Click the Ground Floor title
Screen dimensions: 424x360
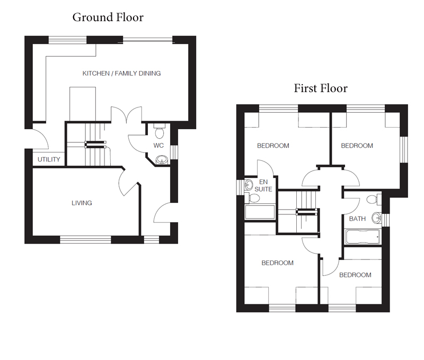coord(108,17)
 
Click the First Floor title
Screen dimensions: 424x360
coord(321,88)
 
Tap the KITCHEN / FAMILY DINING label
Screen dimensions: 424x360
coord(121,74)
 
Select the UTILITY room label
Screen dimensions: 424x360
coord(49,159)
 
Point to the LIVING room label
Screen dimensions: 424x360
coord(82,203)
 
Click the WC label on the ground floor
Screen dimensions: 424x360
coord(158,146)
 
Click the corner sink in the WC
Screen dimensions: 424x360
coord(162,159)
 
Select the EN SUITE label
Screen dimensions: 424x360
coord(263,185)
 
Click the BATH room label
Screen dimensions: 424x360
coord(357,219)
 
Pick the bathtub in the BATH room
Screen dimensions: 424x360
coord(363,237)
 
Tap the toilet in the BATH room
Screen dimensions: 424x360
coord(374,200)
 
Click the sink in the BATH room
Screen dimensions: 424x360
coord(376,218)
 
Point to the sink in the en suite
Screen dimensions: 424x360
coord(249,185)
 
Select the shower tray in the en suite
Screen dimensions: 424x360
coord(260,212)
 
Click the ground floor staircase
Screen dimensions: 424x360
coord(89,145)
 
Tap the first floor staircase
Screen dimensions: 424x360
coord(298,211)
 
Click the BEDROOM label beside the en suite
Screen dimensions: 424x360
coord(273,146)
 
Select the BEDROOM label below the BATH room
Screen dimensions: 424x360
coord(355,275)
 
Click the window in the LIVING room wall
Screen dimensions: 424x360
coord(85,239)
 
